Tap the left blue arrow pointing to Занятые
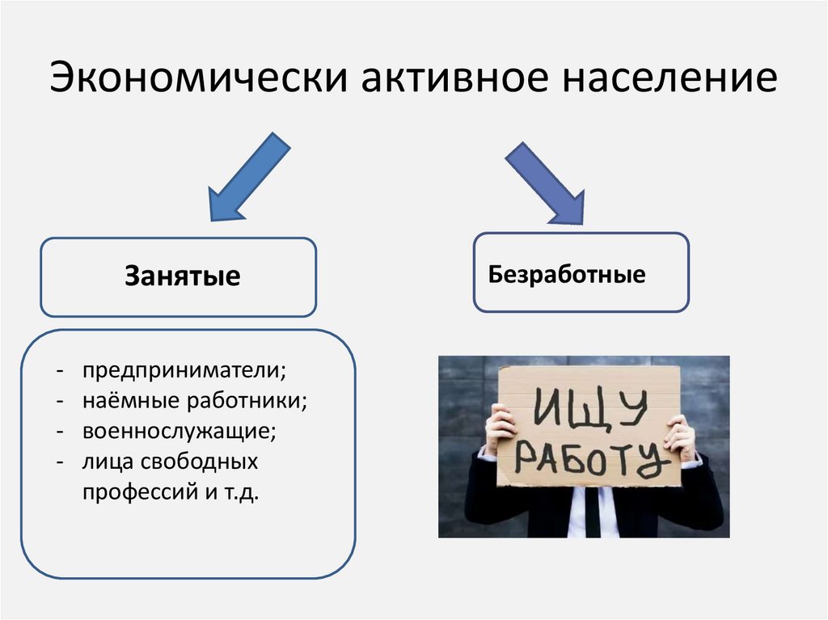coord(247,179)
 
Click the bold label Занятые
coord(182,276)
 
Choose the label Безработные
coord(567,274)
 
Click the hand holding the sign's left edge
coord(500,429)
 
